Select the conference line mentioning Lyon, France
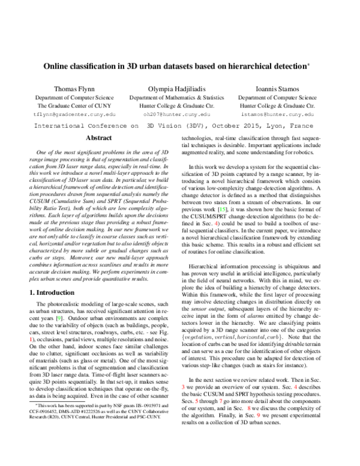tap(179, 127)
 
